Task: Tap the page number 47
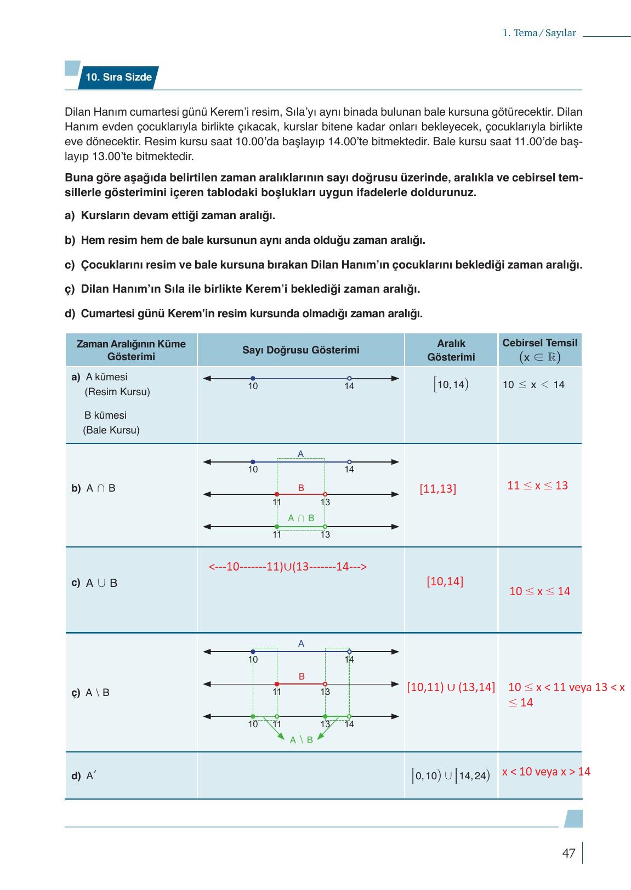[569, 853]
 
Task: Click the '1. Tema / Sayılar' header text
[539, 33]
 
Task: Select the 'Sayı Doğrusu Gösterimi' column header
[300, 350]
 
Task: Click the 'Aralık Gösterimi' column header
[451, 350]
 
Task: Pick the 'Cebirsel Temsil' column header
[539, 350]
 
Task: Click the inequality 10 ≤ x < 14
[533, 384]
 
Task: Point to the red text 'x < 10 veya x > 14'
[546, 772]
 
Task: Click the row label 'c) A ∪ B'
[94, 583]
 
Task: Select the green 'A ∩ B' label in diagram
[301, 518]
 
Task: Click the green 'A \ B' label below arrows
[301, 740]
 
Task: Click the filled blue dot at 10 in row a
[253, 378]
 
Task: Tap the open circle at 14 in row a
[349, 378]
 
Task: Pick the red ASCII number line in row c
[287, 567]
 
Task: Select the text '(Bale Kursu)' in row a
[111, 430]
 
